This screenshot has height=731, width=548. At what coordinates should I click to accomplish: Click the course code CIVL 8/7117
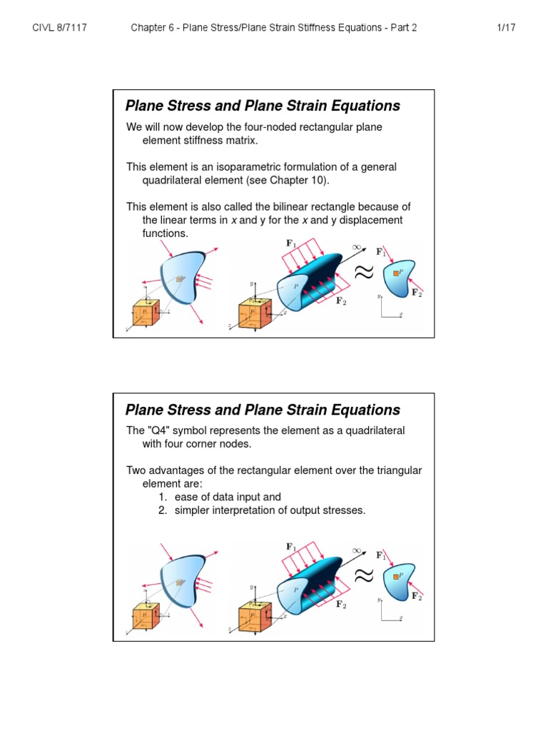pos(64,28)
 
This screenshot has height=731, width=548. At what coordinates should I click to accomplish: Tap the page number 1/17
pos(505,28)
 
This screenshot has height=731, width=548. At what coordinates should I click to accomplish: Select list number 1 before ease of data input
pos(163,497)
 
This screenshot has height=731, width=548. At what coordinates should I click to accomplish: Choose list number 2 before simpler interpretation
pos(163,510)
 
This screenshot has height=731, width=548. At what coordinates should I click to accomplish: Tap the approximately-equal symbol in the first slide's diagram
pos(363,272)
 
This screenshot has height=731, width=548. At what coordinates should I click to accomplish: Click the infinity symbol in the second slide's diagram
pos(357,552)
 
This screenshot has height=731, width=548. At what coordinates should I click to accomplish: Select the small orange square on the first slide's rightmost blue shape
pos(395,273)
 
